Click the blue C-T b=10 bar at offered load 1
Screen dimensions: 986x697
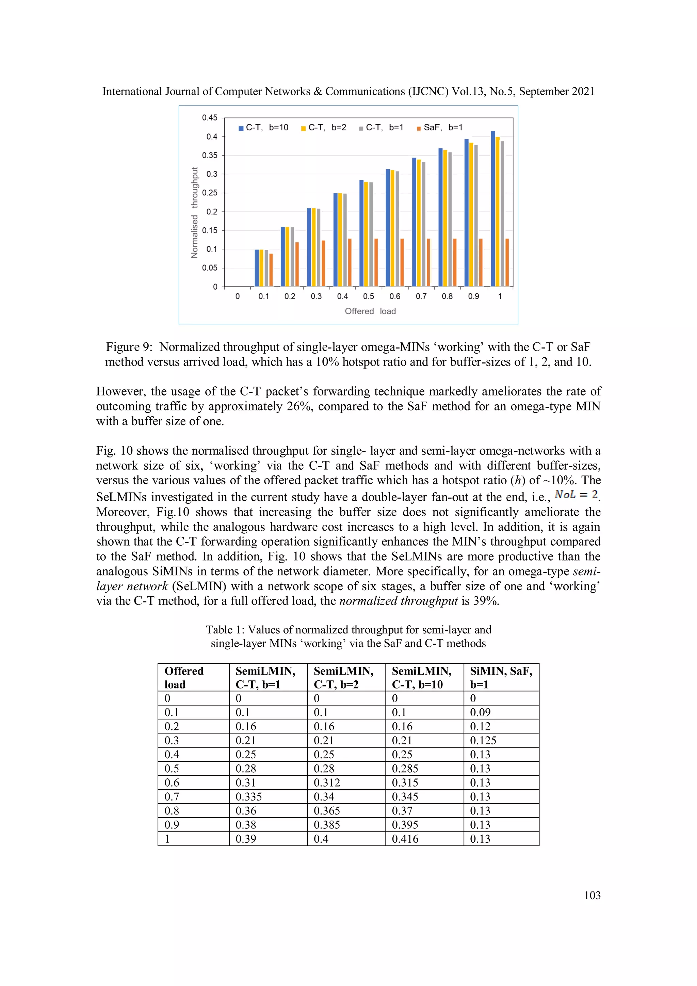(x=492, y=209)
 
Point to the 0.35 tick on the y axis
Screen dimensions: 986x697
(x=210, y=156)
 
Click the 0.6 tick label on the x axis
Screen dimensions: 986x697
(x=395, y=296)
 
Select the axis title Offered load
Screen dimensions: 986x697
(x=370, y=311)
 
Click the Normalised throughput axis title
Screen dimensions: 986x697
(x=195, y=213)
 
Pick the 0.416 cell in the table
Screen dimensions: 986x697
(x=405, y=839)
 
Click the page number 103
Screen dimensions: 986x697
(x=592, y=895)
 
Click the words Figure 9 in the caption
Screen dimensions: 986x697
(x=129, y=347)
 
